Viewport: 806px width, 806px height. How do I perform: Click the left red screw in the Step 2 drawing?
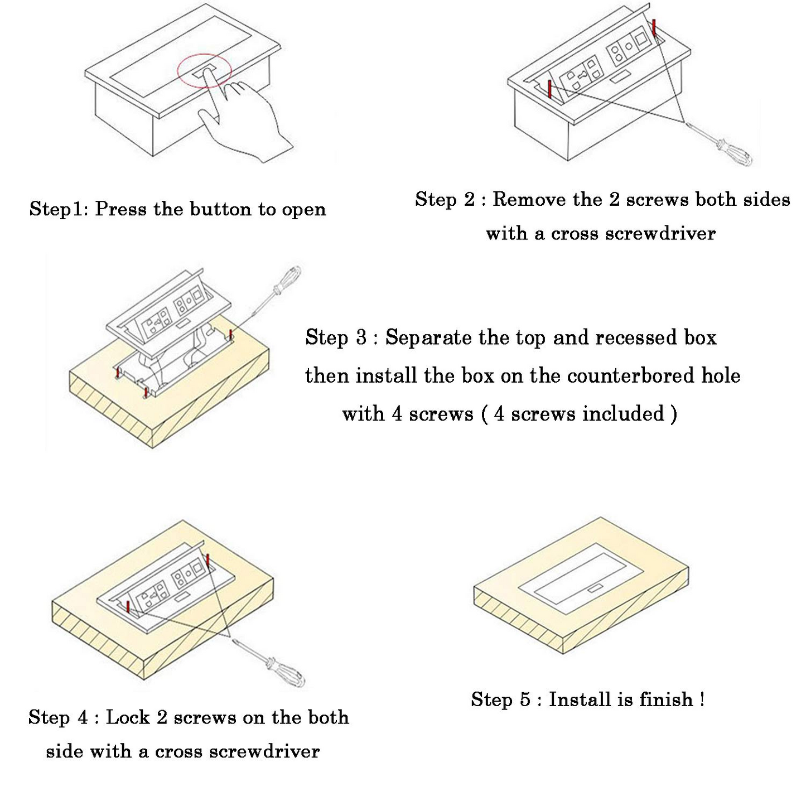tap(550, 89)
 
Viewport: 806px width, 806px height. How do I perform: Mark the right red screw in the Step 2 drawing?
tap(654, 27)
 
